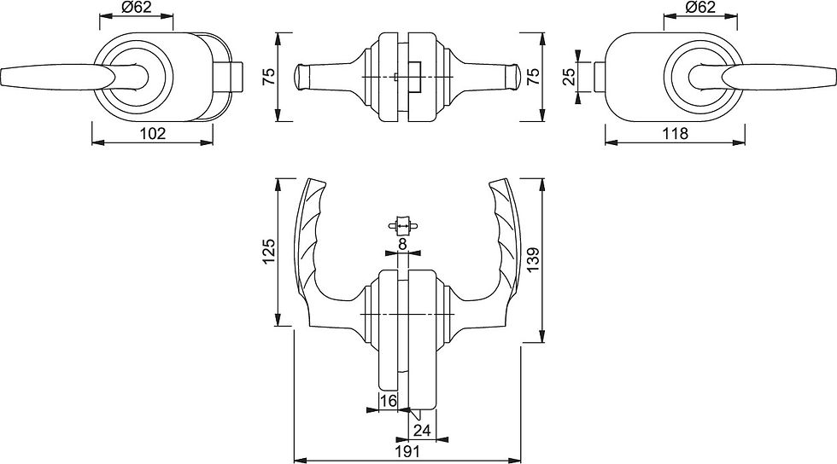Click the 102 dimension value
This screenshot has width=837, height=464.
[x=153, y=133]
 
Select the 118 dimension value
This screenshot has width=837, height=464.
[x=676, y=133]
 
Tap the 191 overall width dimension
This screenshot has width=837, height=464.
[x=407, y=452]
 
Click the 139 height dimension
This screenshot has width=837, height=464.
[x=535, y=260]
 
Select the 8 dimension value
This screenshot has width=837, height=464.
[x=403, y=244]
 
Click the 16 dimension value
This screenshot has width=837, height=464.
[x=389, y=401]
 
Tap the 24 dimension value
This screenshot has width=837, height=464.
[x=422, y=430]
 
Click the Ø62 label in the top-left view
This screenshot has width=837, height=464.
[x=137, y=8]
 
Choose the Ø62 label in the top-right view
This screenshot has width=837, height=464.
[x=699, y=8]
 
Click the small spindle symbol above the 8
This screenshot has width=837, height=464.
[x=403, y=226]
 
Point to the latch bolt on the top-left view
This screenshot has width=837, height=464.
[x=229, y=77]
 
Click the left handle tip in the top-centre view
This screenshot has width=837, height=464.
[x=301, y=77]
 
